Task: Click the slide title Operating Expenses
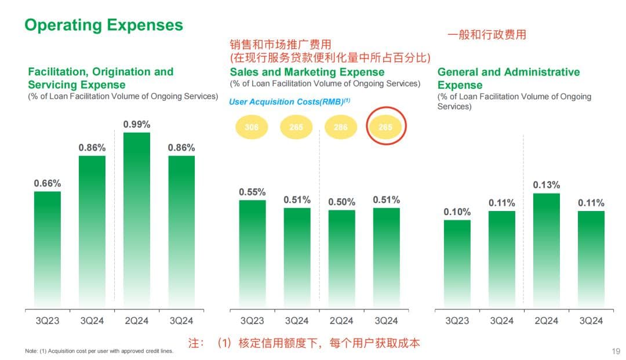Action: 104,26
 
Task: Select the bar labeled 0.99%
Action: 137,220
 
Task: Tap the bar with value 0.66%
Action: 48,249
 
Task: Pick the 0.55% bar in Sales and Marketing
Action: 252,253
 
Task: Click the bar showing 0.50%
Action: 341,259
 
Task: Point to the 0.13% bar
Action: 546,250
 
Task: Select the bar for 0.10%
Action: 457,263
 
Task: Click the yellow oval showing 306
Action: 252,127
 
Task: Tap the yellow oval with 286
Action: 341,127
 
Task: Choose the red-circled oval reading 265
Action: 386,127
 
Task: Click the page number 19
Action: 616,351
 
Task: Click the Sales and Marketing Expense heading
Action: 307,72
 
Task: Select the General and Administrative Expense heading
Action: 508,78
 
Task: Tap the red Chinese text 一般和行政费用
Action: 486,35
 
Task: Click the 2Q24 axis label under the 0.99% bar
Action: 137,321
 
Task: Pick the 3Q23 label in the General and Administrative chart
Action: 457,321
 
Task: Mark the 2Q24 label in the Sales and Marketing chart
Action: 341,321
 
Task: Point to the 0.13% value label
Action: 546,185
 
